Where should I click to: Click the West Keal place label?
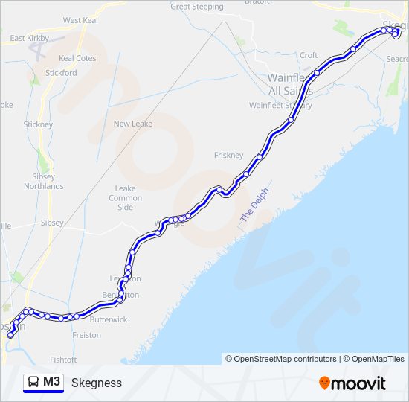(x=81, y=20)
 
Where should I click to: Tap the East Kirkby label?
(x=28, y=38)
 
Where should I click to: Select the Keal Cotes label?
(x=77, y=58)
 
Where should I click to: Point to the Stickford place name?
(x=61, y=73)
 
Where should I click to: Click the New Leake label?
(x=132, y=124)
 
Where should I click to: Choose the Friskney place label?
(x=228, y=155)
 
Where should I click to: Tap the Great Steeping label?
(x=196, y=7)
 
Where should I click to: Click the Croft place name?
(x=309, y=56)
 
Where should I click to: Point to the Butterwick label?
(x=109, y=319)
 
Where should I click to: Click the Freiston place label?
(x=87, y=335)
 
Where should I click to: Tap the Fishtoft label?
(x=62, y=360)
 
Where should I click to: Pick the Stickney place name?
(x=38, y=124)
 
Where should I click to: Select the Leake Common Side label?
(x=126, y=198)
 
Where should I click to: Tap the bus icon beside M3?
(x=34, y=383)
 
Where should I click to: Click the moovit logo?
(x=352, y=383)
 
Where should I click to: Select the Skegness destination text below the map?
(x=97, y=383)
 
